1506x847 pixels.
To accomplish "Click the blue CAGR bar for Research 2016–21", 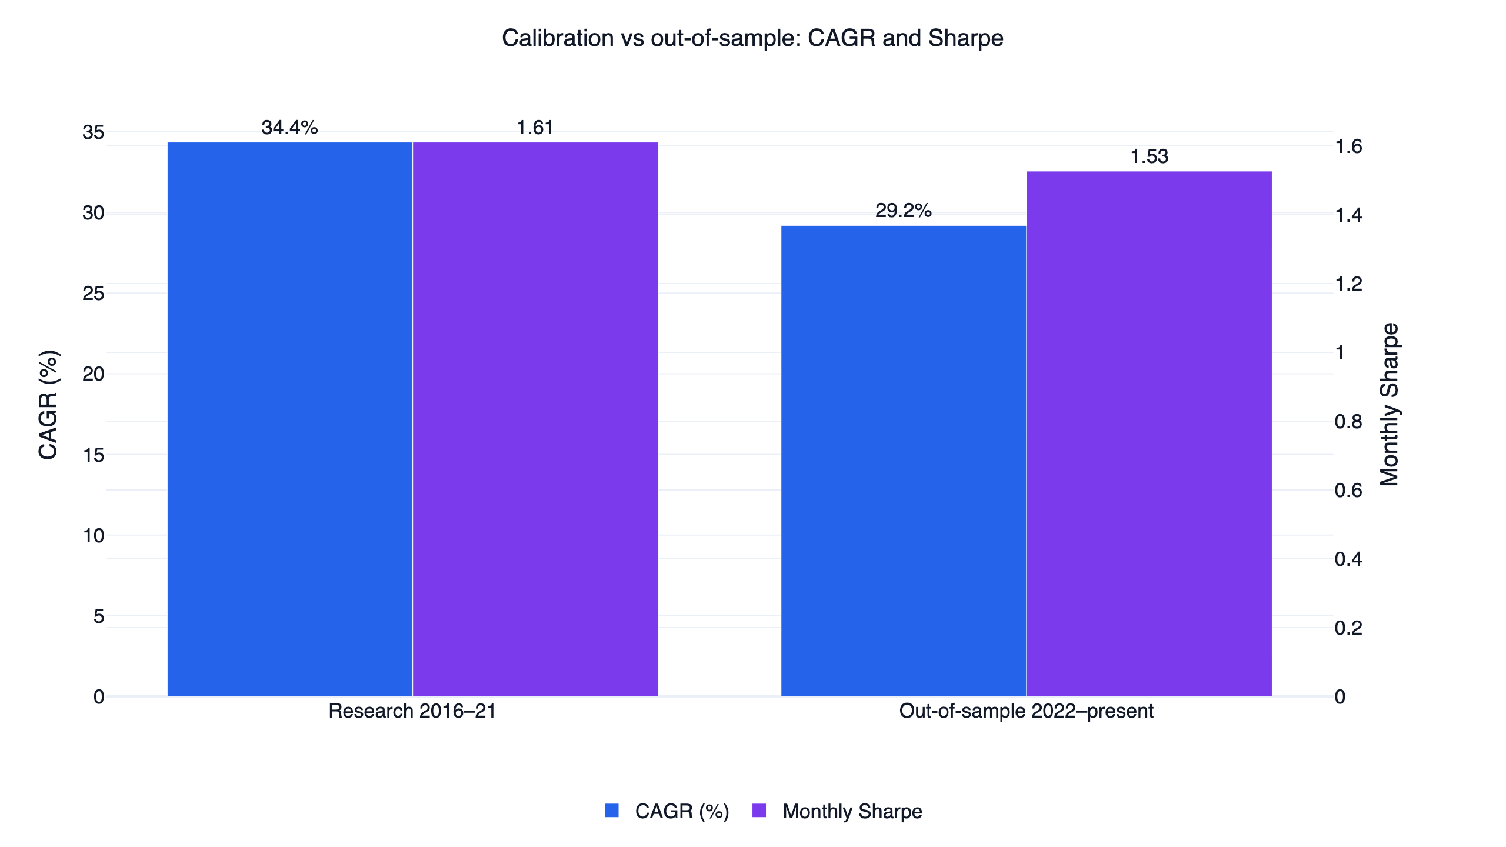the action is pos(290,419).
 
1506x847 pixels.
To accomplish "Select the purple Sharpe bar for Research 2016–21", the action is pos(535,419).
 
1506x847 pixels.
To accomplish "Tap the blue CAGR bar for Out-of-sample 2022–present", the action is pos(904,461).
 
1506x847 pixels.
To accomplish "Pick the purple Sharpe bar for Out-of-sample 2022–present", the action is pos(1149,434).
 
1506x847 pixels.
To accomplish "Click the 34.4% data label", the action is pos(290,128).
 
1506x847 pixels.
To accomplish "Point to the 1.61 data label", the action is pos(535,128).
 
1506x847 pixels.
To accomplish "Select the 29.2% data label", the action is pos(904,211).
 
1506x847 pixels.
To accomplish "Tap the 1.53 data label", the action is pos(1149,156).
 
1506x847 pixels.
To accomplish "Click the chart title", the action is pos(752,38).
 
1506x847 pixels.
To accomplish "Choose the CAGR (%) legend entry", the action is pos(667,811).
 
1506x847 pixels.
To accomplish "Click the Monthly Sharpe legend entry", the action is pos(837,811).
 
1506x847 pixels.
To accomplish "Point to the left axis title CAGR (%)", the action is pos(48,405).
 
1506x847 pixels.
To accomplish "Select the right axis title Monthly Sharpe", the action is pos(1390,405).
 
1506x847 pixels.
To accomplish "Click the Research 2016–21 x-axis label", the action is pos(412,711).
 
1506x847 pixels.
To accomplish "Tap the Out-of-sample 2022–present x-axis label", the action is pos(1026,711).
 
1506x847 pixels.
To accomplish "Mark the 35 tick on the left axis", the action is pos(94,132).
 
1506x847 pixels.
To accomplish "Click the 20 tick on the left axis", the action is pos(94,374).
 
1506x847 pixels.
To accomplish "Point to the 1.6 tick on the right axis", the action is pos(1348,146).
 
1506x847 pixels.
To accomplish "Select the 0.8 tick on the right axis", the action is pos(1348,422).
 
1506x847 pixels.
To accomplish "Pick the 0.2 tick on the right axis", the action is pos(1348,628).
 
